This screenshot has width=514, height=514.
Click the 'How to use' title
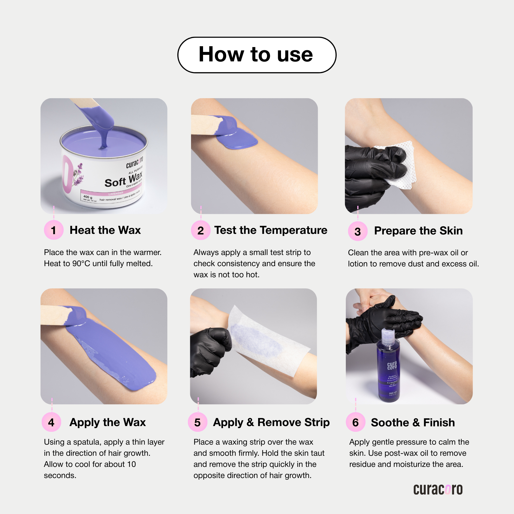tap(256, 55)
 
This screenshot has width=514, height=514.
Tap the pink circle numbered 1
tap(53, 230)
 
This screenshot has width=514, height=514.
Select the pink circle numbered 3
tap(358, 231)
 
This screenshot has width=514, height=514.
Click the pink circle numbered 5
tap(198, 422)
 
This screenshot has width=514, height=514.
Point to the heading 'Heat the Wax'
tap(105, 230)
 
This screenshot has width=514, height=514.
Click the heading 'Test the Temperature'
tap(270, 230)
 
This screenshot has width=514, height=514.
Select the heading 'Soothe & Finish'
tap(413, 422)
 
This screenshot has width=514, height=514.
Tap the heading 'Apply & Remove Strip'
tap(271, 422)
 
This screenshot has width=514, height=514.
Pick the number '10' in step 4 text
tap(131, 464)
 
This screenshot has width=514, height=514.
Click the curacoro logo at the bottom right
tap(438, 489)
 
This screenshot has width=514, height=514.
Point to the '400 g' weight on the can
tap(88, 197)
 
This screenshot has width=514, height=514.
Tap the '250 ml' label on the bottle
tap(393, 393)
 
